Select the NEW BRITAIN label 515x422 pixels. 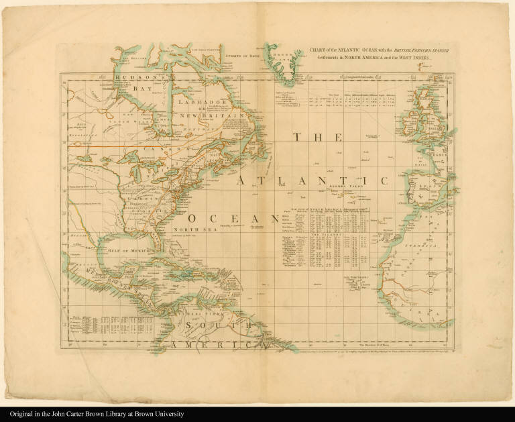click(x=199, y=116)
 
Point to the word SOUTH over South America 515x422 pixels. click(x=203, y=327)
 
